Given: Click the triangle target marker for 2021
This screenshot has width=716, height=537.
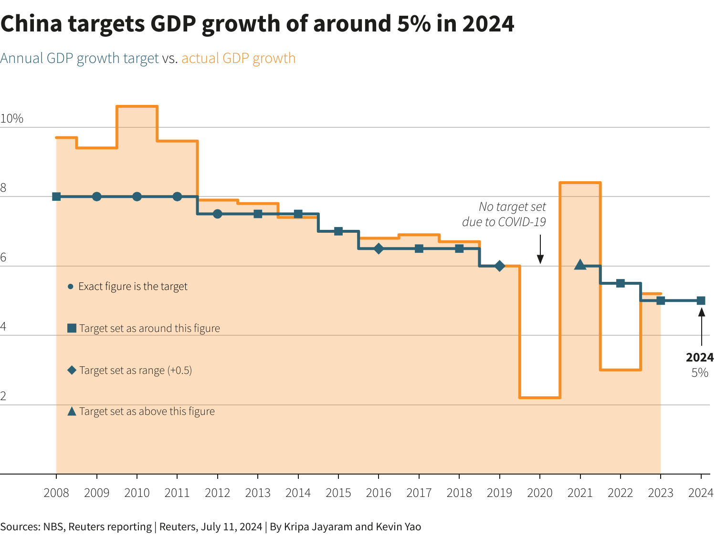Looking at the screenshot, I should [580, 265].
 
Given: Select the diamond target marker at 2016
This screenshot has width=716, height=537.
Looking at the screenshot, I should [379, 248].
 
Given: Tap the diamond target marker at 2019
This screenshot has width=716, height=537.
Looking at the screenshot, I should [499, 266].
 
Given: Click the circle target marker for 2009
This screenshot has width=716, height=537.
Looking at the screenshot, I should [97, 196].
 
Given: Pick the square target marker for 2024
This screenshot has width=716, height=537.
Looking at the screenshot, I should [701, 300].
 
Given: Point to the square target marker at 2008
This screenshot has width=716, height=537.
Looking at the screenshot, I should [56, 196].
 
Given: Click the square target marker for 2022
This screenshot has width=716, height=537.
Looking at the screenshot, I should [620, 283].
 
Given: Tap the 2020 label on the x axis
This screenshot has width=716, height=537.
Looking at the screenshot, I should [539, 493].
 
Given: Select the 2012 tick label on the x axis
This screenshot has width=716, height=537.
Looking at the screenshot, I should [217, 493].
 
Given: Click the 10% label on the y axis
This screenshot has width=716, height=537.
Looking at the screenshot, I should [12, 119].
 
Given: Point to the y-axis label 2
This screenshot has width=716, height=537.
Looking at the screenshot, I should [3, 396].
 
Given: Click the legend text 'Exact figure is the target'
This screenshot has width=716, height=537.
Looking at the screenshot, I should [133, 287].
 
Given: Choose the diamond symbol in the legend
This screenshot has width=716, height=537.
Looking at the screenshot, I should [72, 370].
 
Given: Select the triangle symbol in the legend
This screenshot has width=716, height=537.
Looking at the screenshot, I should [72, 412].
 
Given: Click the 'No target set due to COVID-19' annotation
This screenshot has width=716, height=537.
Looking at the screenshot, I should [506, 214].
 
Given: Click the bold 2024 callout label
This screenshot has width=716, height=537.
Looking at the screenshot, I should [699, 358].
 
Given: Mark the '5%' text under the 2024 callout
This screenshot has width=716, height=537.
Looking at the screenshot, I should [699, 373].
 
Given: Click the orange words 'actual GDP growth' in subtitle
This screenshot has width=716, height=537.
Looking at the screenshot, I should [238, 58].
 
